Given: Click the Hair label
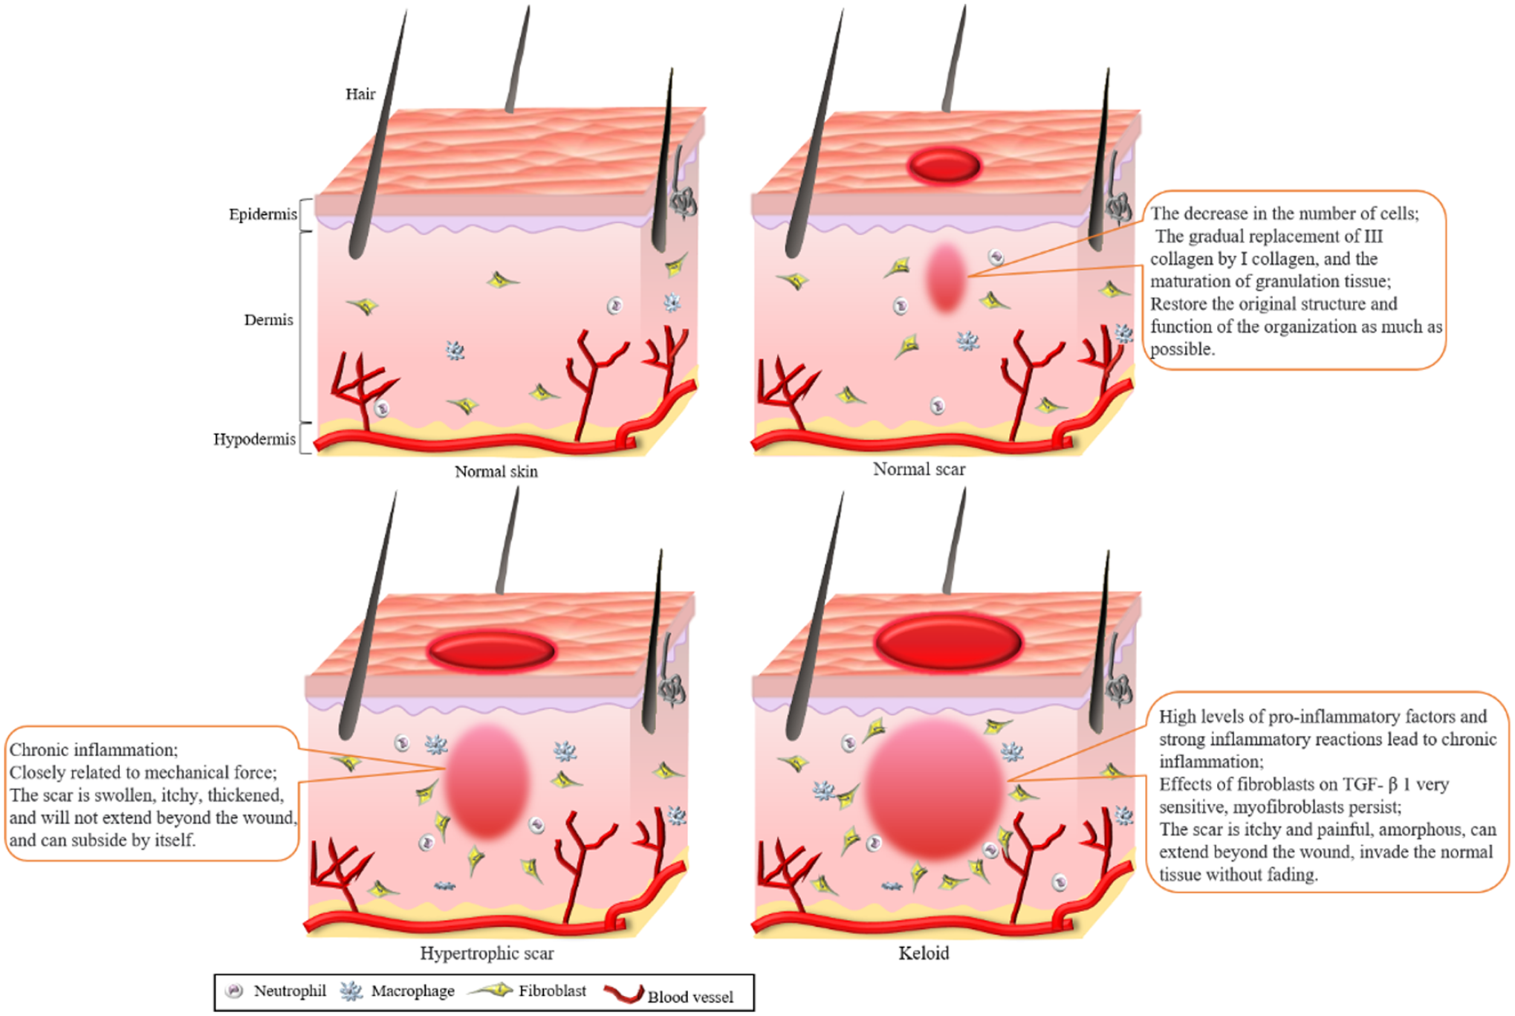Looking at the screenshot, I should pyautogui.click(x=360, y=94).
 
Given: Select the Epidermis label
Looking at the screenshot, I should pyautogui.click(x=262, y=215).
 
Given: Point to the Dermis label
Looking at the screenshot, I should pyautogui.click(x=268, y=320).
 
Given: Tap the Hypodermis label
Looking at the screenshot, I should pyautogui.click(x=254, y=439).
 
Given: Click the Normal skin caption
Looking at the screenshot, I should pyautogui.click(x=496, y=472).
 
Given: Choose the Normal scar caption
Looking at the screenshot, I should pyautogui.click(x=918, y=470).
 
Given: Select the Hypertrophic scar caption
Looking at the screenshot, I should pyautogui.click(x=487, y=954).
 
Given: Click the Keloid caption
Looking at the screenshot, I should pyautogui.click(x=924, y=954).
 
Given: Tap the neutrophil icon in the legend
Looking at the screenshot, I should pyautogui.click(x=235, y=991).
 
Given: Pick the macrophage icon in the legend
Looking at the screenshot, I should pyautogui.click(x=351, y=991).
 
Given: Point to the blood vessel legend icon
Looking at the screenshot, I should pyautogui.click(x=623, y=994).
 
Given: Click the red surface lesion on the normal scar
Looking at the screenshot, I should pyautogui.click(x=944, y=165).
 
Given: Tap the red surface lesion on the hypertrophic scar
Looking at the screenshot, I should pyautogui.click(x=491, y=650).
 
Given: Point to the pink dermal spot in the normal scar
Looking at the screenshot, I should pyautogui.click(x=946, y=277).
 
